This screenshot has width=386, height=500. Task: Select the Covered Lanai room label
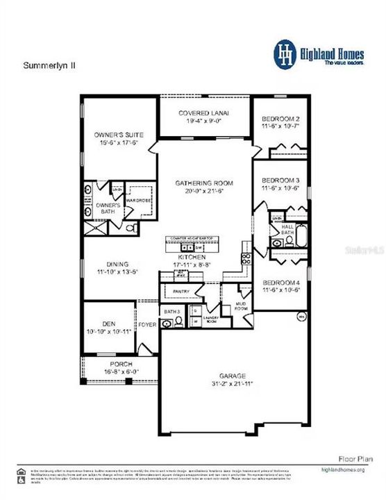[203, 113]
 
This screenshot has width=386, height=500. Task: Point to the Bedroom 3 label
[280, 179]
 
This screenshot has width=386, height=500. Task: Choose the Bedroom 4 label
[280, 283]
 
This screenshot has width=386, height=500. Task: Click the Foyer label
[146, 324]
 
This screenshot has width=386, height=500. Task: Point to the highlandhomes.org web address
[353, 470]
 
